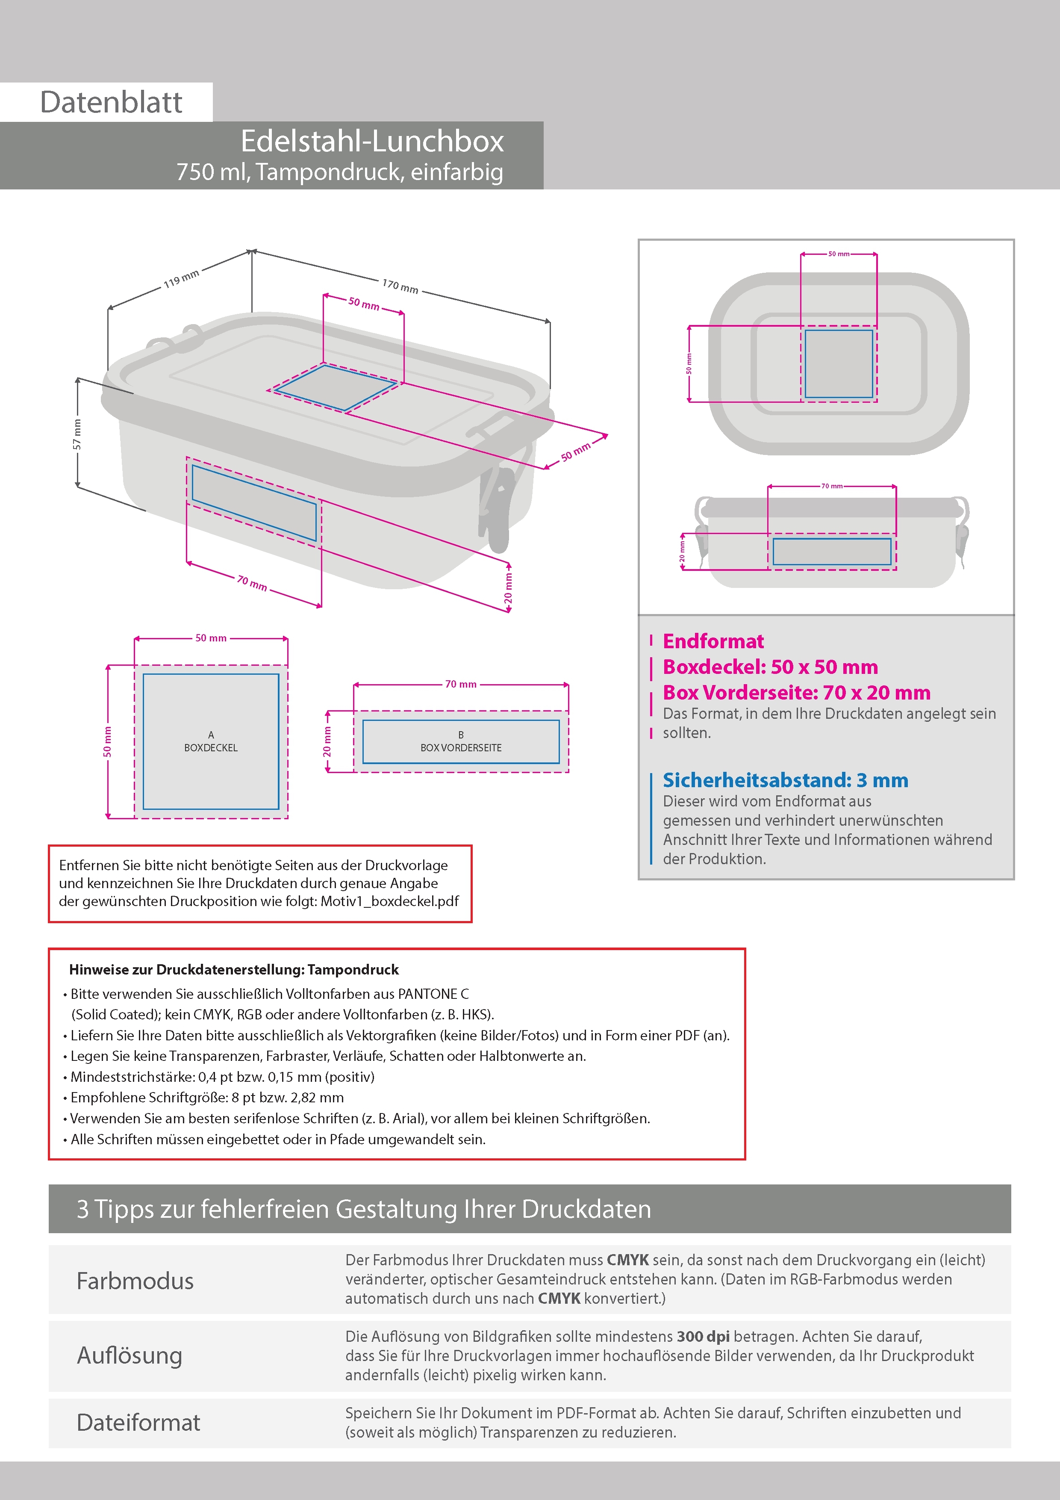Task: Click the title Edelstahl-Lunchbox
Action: coord(372,141)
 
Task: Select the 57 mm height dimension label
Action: coord(77,434)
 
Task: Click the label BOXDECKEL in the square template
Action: coord(211,748)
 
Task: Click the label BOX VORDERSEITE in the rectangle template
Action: coord(461,748)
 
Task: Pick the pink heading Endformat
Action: coord(713,641)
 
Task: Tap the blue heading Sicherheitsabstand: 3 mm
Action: coord(785,780)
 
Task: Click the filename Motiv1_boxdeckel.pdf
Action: coord(389,901)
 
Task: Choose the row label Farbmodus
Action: coord(135,1281)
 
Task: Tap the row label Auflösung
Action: coord(130,1355)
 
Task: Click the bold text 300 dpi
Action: coord(704,1336)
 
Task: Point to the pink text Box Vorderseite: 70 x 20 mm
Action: coord(797,693)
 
